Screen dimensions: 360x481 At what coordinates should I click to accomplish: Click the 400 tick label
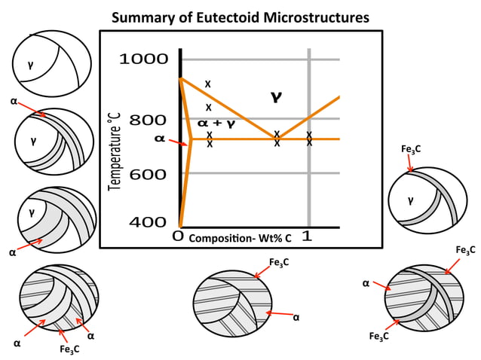coord(149,222)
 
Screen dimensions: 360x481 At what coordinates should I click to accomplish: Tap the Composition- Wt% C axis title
coord(240,237)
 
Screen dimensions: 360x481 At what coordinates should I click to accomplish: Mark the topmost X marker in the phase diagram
coord(208,83)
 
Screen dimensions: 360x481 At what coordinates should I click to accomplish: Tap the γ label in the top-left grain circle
coord(30,65)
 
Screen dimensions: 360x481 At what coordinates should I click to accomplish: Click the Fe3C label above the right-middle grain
coord(411,150)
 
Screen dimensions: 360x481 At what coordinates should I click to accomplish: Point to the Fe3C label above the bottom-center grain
coord(279,262)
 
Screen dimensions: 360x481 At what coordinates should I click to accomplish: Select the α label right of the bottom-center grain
coord(296,317)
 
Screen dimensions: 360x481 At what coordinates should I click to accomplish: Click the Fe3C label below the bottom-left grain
coord(69,349)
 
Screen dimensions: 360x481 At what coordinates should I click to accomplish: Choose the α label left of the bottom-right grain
coord(365,283)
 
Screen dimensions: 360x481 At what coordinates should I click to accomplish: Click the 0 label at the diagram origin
coord(178,236)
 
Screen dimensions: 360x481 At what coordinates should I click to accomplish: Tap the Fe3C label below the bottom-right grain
coord(379,337)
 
